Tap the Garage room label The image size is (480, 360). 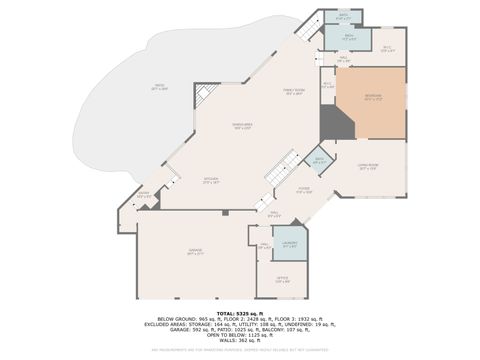[194, 254]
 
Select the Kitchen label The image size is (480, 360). [211, 181]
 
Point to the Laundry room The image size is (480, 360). [290, 244]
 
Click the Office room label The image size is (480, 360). [283, 281]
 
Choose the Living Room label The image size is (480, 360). [368, 168]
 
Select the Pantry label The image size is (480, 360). [143, 195]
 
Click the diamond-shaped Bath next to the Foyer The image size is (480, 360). [319, 160]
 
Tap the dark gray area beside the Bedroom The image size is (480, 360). [334, 125]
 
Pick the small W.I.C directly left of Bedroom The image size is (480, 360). [327, 85]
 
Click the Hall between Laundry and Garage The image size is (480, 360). [265, 246]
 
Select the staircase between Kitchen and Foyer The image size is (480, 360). [282, 166]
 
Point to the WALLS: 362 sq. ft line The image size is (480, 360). [239, 341]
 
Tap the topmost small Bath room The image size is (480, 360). [343, 16]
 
